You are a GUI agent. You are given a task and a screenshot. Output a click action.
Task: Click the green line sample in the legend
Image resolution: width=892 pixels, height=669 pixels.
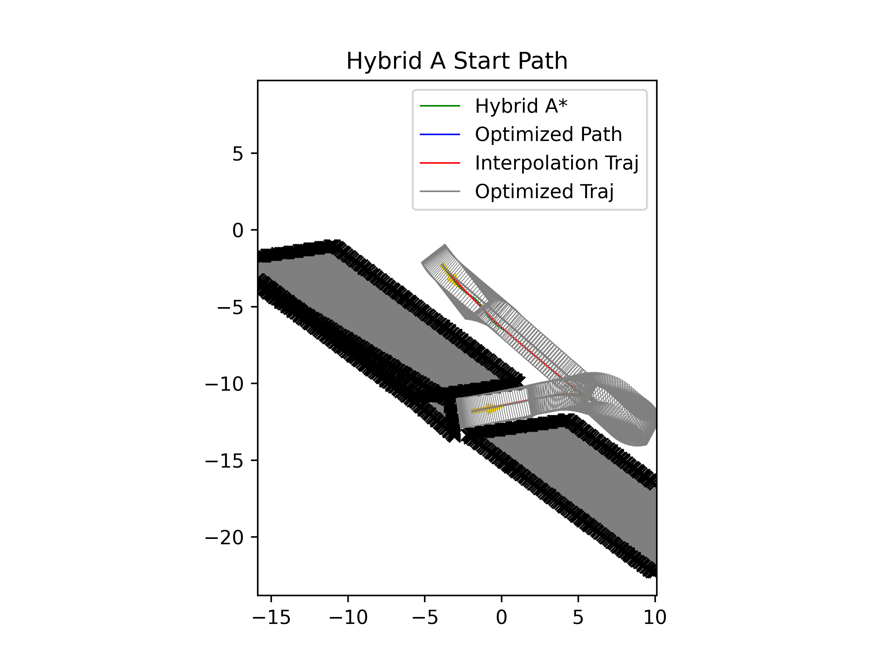click(x=440, y=106)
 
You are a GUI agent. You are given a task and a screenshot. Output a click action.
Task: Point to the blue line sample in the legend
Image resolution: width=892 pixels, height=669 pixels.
click(x=440, y=134)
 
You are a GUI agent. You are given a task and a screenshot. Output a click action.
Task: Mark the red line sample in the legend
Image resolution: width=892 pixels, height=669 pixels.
click(x=440, y=163)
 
